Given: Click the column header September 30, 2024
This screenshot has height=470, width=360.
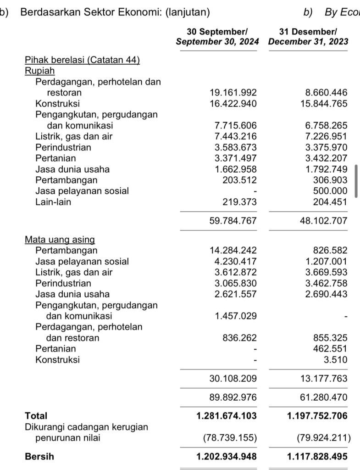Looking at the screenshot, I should coord(217,37).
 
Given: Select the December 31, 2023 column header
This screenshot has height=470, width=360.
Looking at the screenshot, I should coord(308,37).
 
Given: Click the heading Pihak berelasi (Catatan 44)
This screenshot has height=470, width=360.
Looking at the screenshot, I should coord(82,60).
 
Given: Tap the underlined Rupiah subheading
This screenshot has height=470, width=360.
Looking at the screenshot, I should coord(39,71).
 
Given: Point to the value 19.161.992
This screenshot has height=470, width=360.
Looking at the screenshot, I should coord(233,93).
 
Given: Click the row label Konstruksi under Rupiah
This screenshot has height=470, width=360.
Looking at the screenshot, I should coord(57,104).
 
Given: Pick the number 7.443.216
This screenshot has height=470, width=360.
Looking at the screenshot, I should coord(236,137).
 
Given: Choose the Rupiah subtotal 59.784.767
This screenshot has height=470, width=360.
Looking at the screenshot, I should coord(233,221).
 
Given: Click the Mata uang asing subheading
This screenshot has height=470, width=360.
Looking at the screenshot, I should coord(60,240).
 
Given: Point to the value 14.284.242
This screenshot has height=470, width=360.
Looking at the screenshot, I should coord(233,251).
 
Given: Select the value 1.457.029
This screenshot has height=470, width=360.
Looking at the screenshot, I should coord(236,316).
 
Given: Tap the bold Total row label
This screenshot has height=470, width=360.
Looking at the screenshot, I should coord(36,416).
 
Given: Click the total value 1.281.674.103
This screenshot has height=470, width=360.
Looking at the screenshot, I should coord(227,416).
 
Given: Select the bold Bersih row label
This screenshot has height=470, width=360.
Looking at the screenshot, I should coord(39,457).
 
